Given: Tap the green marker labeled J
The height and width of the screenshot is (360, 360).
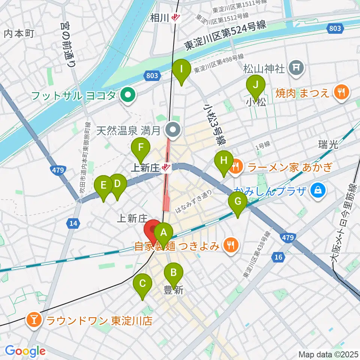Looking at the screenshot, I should tap(255, 85).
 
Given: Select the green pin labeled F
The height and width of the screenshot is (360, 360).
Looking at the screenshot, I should tap(141, 148).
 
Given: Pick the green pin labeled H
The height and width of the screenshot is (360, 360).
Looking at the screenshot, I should tap(224, 161).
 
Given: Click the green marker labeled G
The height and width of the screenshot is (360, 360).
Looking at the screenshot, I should tap(238, 202).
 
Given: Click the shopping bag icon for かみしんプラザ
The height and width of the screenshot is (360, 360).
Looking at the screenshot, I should tap(318, 190).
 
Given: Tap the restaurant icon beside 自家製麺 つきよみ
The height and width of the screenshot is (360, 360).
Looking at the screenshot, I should tap(229, 246).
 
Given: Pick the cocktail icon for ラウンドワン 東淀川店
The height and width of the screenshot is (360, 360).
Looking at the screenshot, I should tap(34, 320).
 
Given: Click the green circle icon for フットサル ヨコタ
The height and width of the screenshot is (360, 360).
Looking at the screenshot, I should tap(127, 95).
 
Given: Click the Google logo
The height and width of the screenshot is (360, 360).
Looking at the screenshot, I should tap(25, 351).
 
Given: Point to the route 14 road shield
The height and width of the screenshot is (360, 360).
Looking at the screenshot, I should tap(73, 224).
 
